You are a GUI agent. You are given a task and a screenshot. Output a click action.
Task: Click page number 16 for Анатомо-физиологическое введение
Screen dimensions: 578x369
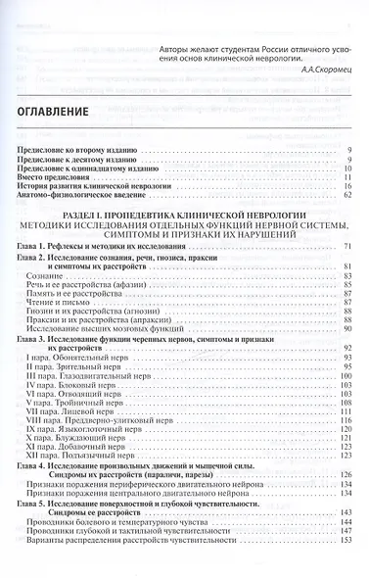coord(346,195)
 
